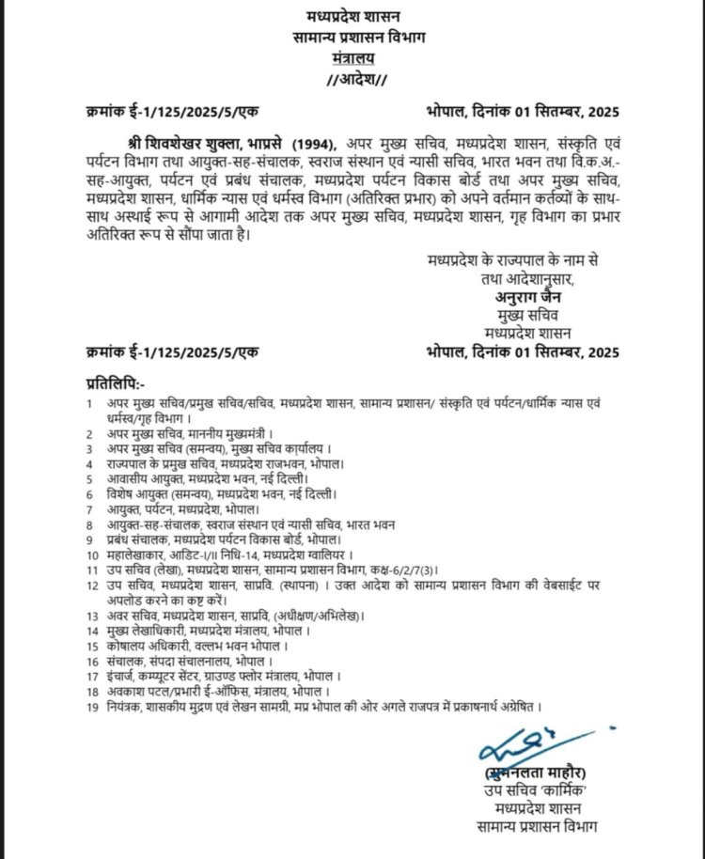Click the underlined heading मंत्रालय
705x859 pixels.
[352, 56]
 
